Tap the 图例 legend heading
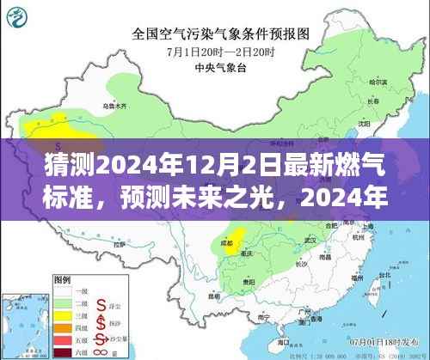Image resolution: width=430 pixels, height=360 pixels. pos(62,280)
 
